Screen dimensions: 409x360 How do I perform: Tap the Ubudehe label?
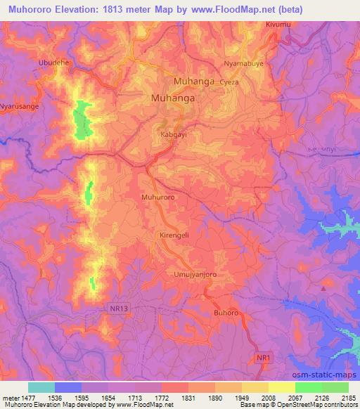[x=54, y=62]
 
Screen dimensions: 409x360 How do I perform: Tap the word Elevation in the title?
[x=78, y=8]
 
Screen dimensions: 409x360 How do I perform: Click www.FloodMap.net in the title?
[x=245, y=8]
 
